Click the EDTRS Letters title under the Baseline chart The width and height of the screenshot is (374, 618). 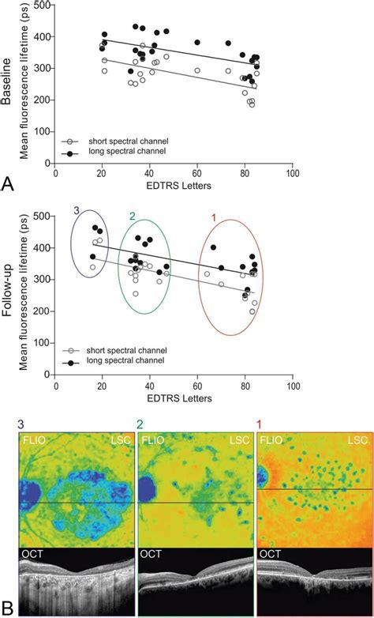[x=173, y=187]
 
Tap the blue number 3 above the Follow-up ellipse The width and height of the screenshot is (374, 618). [x=77, y=211]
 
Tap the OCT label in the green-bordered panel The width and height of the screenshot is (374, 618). [x=151, y=554]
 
